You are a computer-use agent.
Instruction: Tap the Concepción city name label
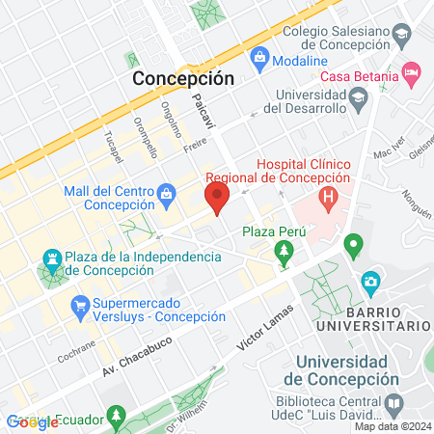(183, 78)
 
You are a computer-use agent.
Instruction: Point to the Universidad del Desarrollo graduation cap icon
(358, 97)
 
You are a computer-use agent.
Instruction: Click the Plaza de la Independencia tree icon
(50, 260)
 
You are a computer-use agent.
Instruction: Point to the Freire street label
(196, 145)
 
